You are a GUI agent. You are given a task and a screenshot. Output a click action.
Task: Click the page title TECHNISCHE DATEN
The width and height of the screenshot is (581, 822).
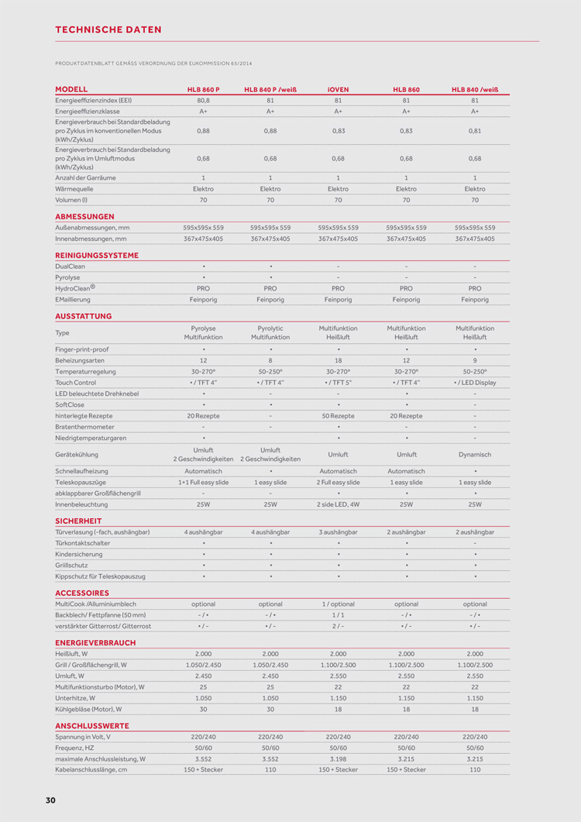(x=108, y=29)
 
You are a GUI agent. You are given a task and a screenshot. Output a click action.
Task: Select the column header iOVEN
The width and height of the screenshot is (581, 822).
(x=338, y=90)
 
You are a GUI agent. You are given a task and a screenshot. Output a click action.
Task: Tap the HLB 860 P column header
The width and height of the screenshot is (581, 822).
(x=204, y=90)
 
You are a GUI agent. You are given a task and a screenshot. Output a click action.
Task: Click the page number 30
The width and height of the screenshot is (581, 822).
(x=50, y=800)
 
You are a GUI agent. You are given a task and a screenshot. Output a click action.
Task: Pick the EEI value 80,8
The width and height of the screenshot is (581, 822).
(x=204, y=101)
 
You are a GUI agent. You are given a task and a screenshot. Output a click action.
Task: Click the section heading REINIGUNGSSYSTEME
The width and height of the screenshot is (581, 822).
(x=97, y=255)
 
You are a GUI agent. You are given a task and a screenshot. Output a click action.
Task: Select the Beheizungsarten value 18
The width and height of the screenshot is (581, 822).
(x=338, y=360)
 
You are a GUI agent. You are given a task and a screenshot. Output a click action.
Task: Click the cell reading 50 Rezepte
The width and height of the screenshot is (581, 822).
(x=338, y=416)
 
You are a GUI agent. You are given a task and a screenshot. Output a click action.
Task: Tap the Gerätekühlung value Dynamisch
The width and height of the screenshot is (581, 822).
(x=475, y=455)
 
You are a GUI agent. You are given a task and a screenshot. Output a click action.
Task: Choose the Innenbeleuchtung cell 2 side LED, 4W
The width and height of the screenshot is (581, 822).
(x=338, y=504)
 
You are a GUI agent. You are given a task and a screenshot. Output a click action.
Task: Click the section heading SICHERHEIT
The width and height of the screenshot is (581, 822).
(x=79, y=521)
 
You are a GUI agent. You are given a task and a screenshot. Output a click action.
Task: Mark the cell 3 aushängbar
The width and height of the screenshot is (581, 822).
(x=338, y=532)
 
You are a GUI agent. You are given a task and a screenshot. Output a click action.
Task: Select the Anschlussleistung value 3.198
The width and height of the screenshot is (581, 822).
(x=338, y=759)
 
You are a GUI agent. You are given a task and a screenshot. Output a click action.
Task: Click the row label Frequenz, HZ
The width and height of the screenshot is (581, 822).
(x=74, y=748)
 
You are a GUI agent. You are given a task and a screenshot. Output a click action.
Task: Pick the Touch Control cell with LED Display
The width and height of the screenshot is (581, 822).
(x=475, y=383)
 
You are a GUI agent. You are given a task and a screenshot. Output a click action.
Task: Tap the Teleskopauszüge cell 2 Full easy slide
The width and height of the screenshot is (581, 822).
(x=338, y=482)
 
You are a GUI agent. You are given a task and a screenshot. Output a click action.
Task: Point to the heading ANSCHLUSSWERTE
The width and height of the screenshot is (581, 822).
(x=91, y=725)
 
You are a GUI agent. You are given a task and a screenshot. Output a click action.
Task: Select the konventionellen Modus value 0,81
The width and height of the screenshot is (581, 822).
(x=475, y=131)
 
